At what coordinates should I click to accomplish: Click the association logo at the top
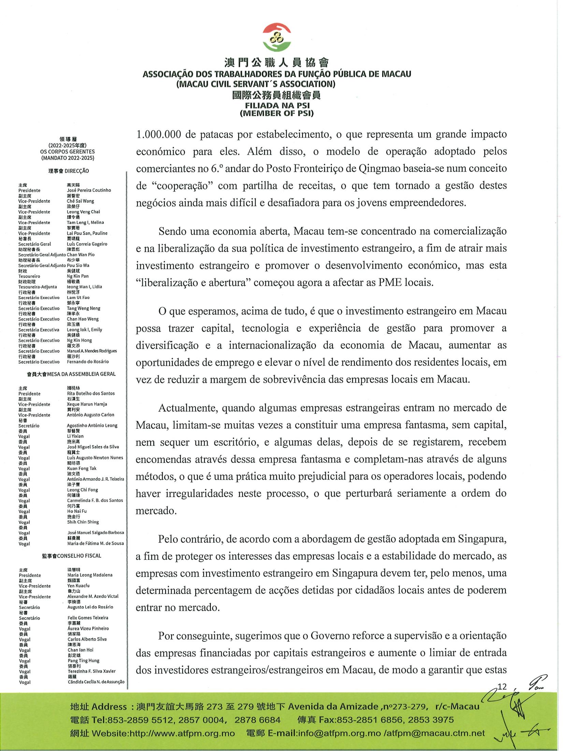tap(277, 38)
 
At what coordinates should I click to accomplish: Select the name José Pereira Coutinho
tap(89, 190)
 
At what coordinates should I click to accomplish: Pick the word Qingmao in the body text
tap(378, 169)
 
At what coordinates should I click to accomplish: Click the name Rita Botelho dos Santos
tap(91, 393)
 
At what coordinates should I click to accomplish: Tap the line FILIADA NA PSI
tap(277, 106)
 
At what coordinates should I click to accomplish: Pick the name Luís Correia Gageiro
tap(87, 244)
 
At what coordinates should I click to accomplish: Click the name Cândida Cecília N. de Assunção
tap(96, 682)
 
